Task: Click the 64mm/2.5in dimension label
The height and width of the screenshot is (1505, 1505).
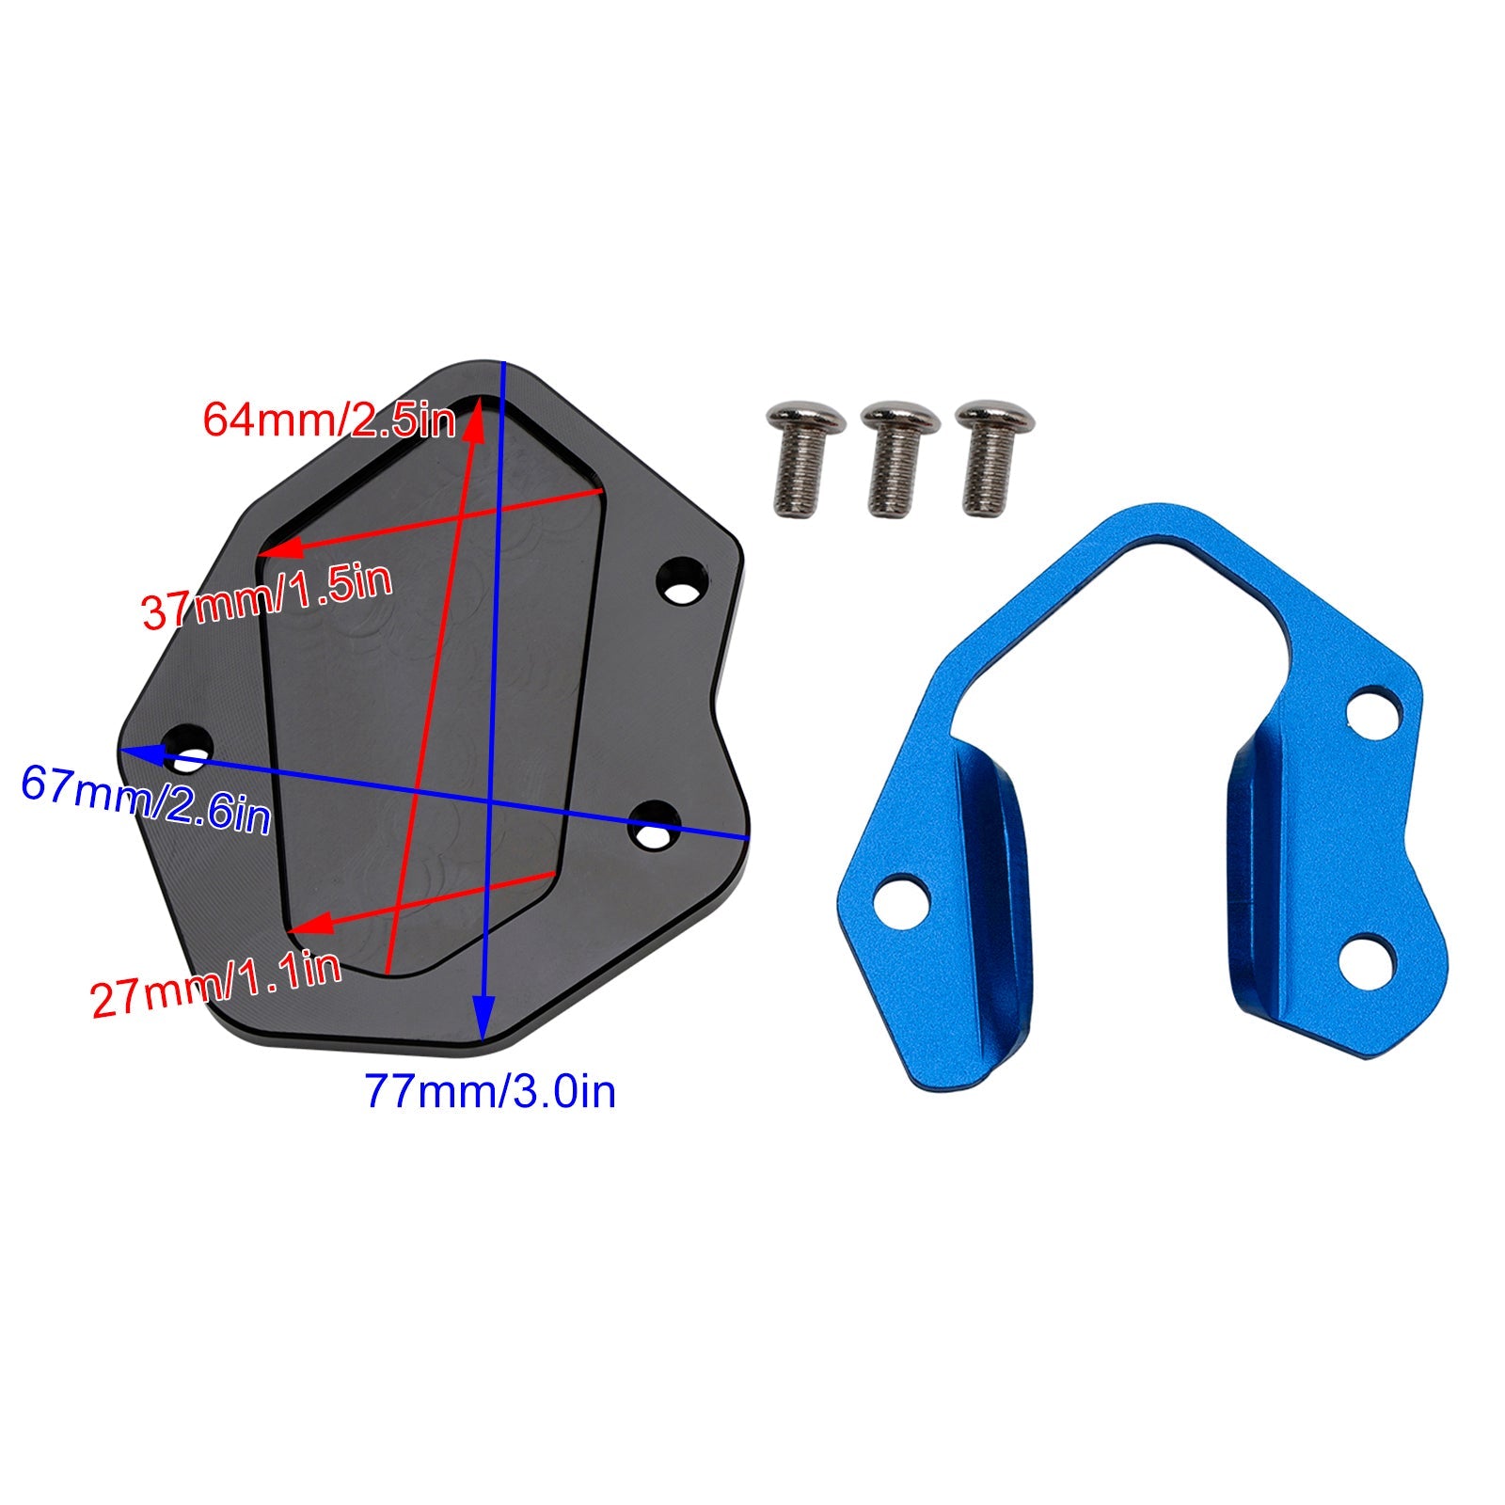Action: tap(329, 419)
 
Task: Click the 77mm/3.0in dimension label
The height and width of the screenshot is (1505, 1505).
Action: tap(490, 1092)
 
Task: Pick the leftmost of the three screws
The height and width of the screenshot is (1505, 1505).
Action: tap(806, 458)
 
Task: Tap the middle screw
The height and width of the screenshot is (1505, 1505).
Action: tap(900, 458)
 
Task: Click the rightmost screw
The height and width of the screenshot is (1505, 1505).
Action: tap(994, 458)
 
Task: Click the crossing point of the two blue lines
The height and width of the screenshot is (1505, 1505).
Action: tap(491, 801)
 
